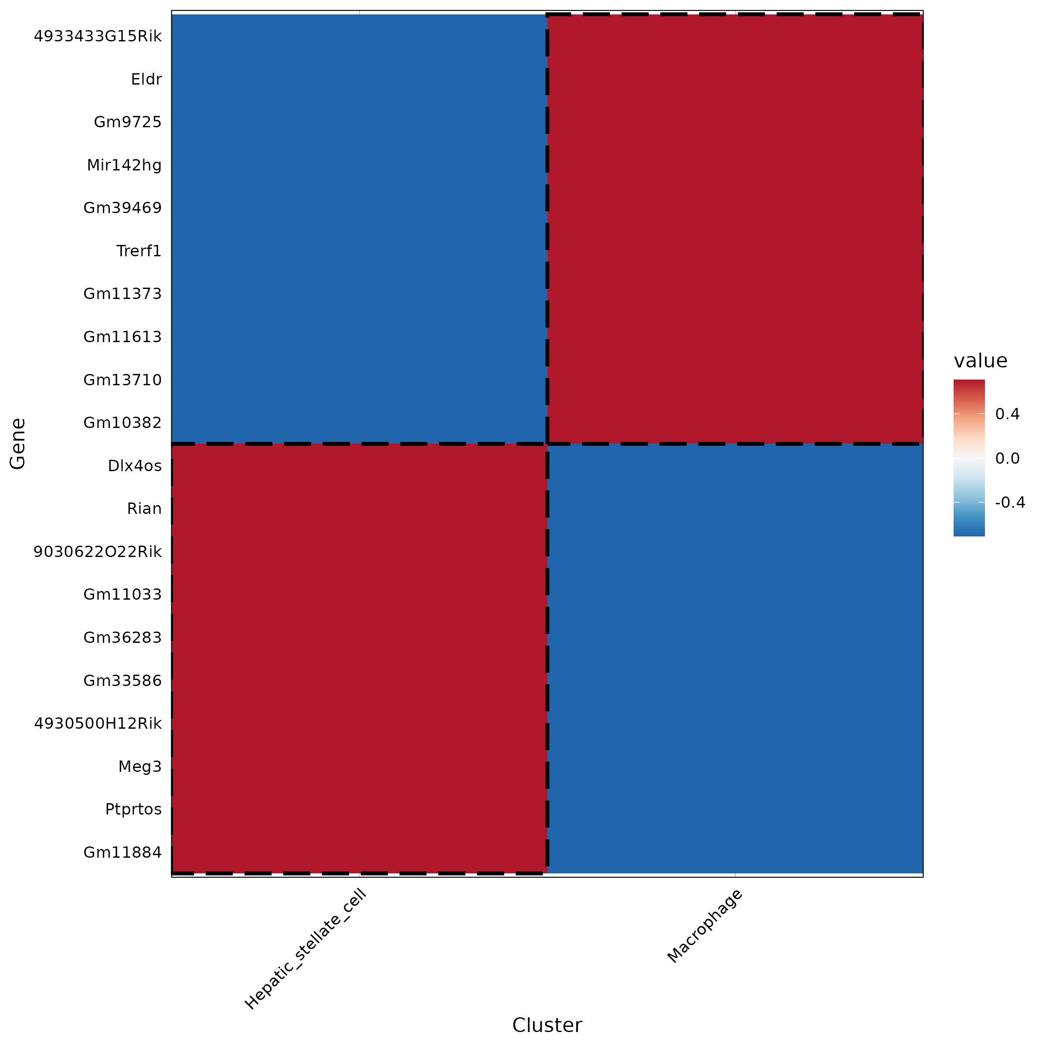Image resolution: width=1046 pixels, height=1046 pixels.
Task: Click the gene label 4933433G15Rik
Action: [x=98, y=36]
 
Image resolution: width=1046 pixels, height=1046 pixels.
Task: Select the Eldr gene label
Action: [x=146, y=80]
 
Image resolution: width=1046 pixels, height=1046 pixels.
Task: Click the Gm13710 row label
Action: [x=122, y=380]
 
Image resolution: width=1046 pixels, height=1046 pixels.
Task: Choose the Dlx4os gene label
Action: [x=134, y=466]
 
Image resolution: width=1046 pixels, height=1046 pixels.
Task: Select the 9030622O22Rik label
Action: [x=98, y=552]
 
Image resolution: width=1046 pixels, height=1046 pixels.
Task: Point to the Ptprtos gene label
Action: [x=133, y=809]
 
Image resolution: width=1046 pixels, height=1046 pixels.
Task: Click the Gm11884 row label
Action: [x=122, y=853]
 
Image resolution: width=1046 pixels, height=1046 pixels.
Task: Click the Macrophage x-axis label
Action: [x=704, y=926]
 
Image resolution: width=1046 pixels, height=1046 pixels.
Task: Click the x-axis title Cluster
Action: [x=547, y=1026]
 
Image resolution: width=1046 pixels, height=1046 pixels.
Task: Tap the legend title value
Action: [x=980, y=360]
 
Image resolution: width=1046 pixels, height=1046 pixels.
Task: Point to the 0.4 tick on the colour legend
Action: [x=1007, y=414]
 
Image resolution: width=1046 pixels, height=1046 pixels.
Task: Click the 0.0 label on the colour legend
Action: [x=1007, y=458]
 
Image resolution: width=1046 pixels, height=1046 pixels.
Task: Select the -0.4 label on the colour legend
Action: [x=1010, y=503]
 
